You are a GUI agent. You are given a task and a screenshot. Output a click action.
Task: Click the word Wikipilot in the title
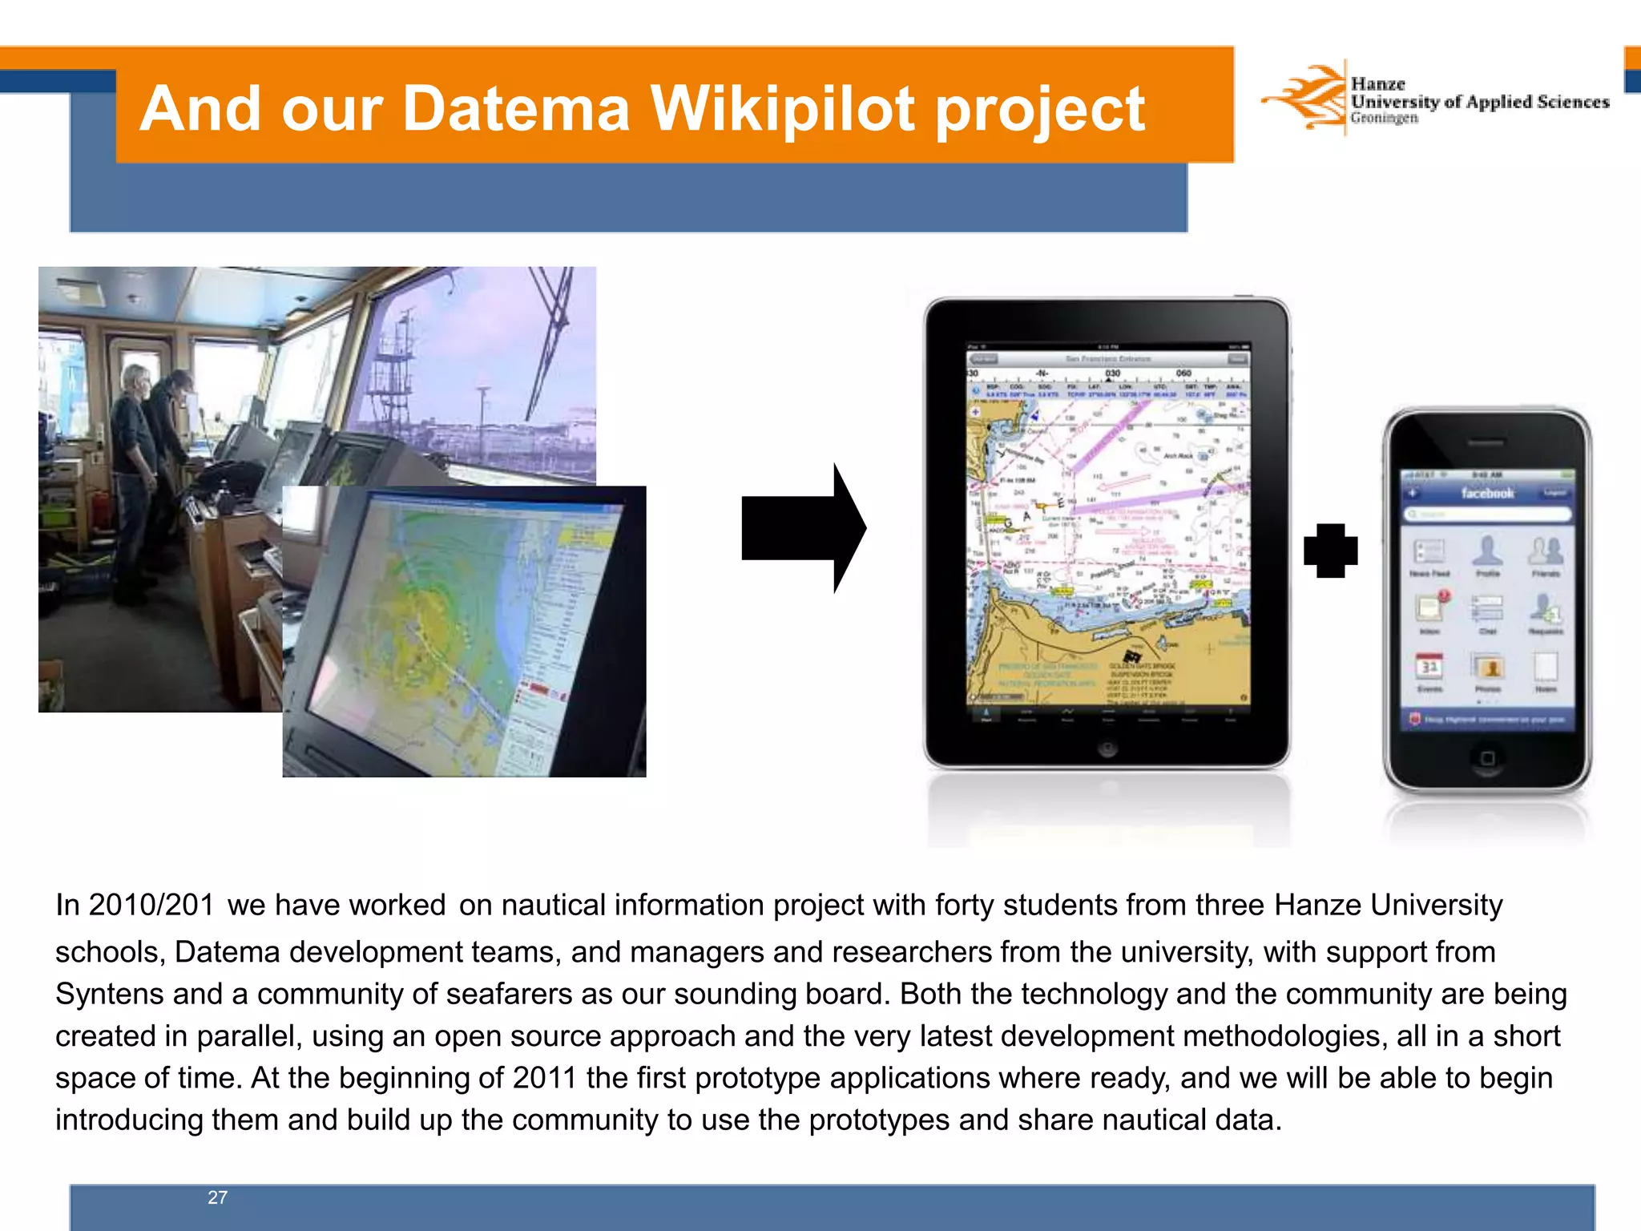pyautogui.click(x=782, y=109)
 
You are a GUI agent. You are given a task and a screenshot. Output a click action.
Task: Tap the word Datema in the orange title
pyautogui.click(x=516, y=109)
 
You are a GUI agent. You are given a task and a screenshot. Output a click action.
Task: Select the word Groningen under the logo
pyautogui.click(x=1384, y=119)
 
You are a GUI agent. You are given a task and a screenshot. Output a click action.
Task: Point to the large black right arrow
pyautogui.click(x=803, y=528)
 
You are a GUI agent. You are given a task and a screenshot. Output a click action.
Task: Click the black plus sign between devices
pyautogui.click(x=1330, y=551)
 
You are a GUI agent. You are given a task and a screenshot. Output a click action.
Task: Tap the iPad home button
pyautogui.click(x=1107, y=749)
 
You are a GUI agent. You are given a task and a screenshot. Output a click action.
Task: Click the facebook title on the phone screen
pyautogui.click(x=1487, y=493)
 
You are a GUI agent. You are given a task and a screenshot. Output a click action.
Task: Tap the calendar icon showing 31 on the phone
pyautogui.click(x=1429, y=668)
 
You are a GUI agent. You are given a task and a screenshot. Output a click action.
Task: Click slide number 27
pyautogui.click(x=217, y=1197)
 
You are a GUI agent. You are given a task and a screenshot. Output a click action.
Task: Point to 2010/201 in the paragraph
pyautogui.click(x=135, y=905)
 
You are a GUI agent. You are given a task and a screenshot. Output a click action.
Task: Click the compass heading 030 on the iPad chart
pyautogui.click(x=1112, y=373)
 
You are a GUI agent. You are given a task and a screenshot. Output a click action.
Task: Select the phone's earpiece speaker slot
pyautogui.click(x=1486, y=442)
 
